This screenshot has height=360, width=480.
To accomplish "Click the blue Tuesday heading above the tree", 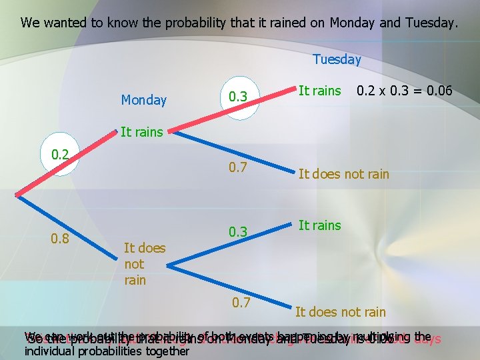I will click(337, 59).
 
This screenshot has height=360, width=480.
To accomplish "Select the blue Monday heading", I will click(143, 100).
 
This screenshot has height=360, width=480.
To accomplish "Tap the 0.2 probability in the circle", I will click(61, 155).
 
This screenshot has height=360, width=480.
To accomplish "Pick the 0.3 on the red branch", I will click(239, 98).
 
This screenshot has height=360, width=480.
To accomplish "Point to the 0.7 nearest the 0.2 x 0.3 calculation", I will click(239, 167).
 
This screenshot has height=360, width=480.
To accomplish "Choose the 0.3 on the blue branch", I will click(239, 231).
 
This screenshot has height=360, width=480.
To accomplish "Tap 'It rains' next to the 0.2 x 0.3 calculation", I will click(319, 90).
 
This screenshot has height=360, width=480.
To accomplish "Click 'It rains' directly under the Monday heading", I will click(141, 132).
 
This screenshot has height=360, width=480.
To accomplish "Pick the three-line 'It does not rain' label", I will click(144, 263).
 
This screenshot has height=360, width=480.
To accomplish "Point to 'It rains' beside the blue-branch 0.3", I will click(319, 225).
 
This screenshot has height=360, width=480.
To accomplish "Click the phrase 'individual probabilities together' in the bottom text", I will click(107, 351).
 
